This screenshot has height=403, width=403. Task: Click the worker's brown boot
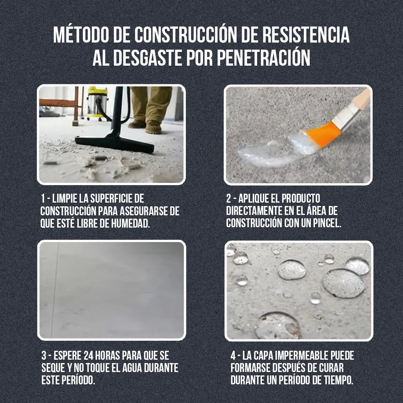coord(153,127)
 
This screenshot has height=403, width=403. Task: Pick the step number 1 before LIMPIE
coord(43,198)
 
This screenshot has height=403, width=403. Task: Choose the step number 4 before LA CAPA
coord(233,356)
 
